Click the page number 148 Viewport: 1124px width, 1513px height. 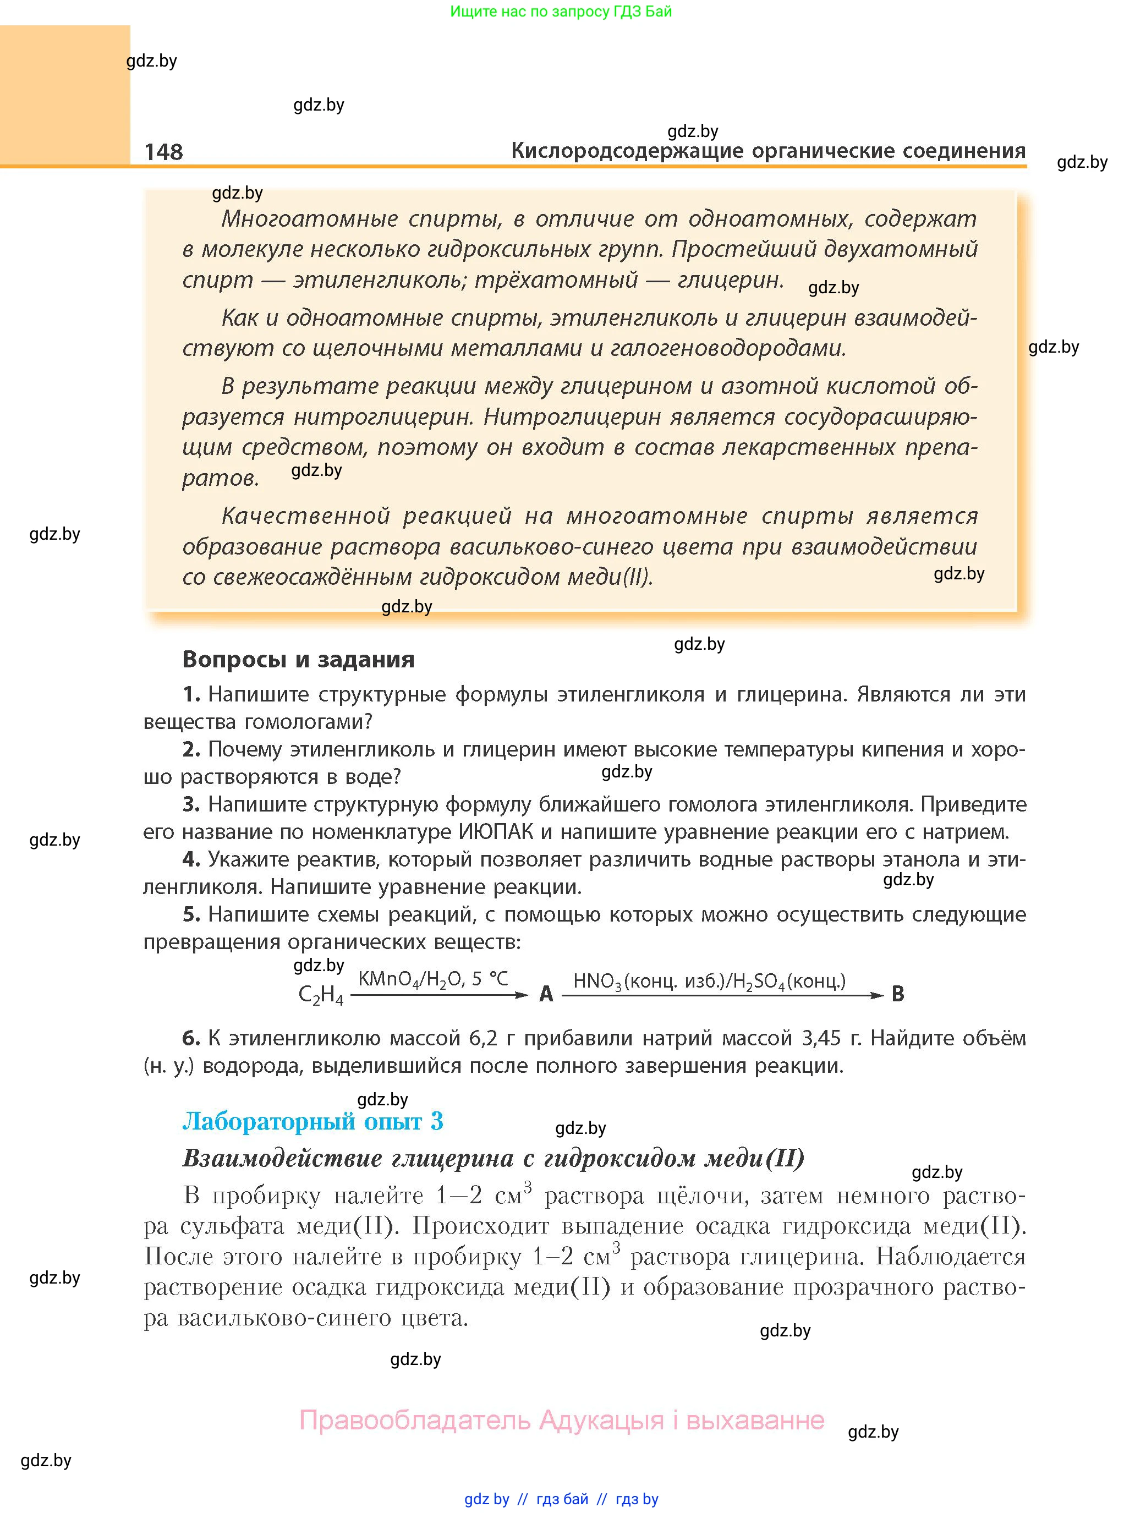tap(163, 152)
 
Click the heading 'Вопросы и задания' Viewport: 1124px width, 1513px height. tap(298, 659)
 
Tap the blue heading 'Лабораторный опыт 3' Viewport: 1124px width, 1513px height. tap(312, 1121)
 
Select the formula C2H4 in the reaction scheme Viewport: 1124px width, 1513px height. tap(320, 995)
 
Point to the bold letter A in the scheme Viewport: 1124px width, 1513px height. tap(546, 994)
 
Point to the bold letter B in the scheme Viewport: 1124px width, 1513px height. tap(897, 994)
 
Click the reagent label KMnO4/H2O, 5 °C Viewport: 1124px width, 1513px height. tap(433, 979)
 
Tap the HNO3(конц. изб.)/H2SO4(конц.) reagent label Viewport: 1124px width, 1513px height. tap(709, 981)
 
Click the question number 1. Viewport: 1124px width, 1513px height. tap(190, 694)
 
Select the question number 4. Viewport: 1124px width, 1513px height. tap(190, 859)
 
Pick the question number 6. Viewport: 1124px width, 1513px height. tap(190, 1038)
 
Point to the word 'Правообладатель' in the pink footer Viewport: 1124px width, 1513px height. tap(414, 1421)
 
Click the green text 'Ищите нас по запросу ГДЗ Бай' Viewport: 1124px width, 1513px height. tap(561, 12)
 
